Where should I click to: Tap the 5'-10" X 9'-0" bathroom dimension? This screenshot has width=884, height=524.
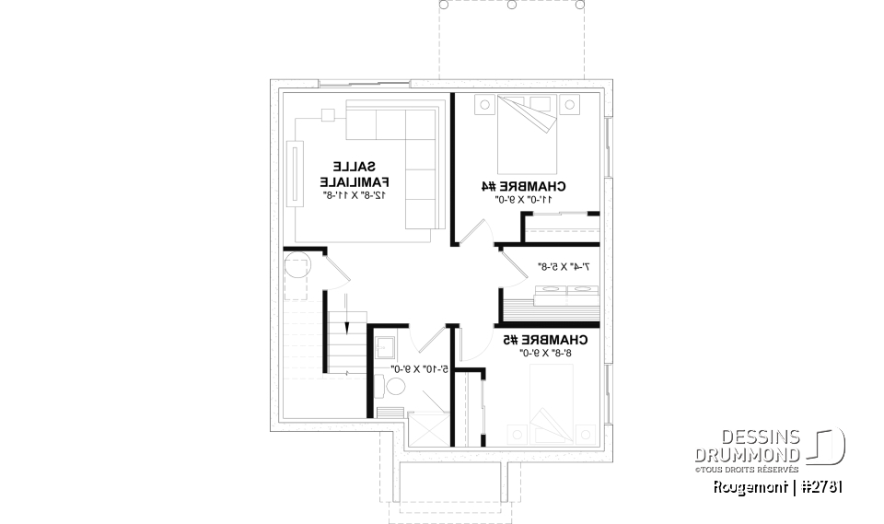[420, 369]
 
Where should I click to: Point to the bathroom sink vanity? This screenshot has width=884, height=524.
[386, 348]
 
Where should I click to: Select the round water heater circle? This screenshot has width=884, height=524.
[298, 270]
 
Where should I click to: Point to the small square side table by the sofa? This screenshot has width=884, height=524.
[328, 116]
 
